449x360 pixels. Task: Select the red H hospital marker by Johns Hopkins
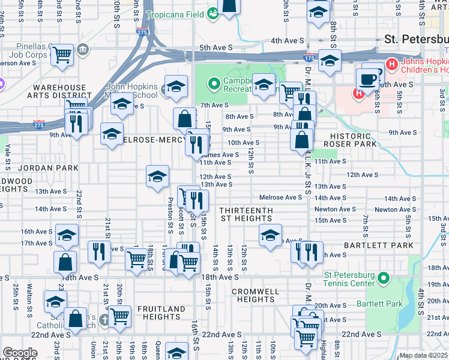[x=392, y=63]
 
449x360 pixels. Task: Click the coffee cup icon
[x=367, y=79]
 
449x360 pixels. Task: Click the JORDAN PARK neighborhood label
[x=48, y=168]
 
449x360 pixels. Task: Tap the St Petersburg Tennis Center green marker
[x=385, y=278]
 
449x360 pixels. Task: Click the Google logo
[x=20, y=353]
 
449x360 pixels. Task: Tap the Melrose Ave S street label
[x=280, y=197]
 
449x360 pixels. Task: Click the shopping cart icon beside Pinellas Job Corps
[x=62, y=55]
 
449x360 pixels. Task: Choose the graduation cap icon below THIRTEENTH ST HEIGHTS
[x=270, y=235]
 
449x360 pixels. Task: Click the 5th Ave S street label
[x=215, y=48]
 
